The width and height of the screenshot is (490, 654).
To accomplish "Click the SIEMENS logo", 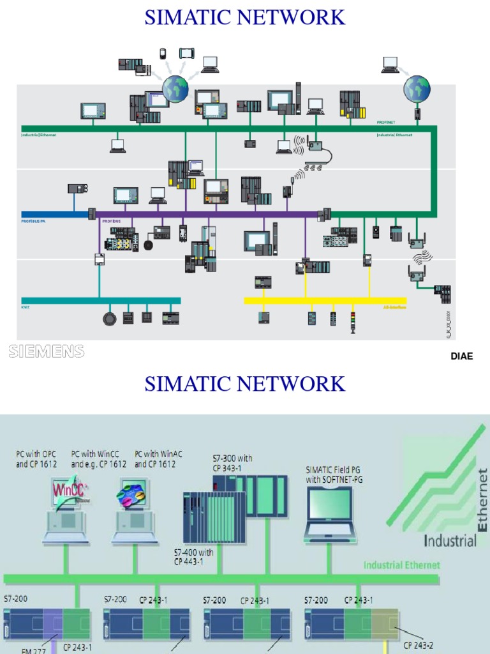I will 46,351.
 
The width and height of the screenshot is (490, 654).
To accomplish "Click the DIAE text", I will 462,356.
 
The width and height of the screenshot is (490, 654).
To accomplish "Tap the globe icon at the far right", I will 417,89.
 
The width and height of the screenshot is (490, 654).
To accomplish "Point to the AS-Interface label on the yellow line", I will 394,307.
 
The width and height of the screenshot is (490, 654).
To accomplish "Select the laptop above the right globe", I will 390,65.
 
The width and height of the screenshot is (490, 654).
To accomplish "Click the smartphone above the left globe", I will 163,54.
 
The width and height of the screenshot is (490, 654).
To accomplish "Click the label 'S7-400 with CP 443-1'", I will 193,556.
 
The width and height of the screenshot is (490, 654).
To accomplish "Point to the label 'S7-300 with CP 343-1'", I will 232,462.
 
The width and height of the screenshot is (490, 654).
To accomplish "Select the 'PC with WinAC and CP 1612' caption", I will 154,459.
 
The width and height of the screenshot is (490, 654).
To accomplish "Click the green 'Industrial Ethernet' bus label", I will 401,565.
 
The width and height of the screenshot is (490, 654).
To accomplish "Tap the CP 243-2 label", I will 419,645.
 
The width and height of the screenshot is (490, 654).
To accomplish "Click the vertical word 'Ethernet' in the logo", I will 482,499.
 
